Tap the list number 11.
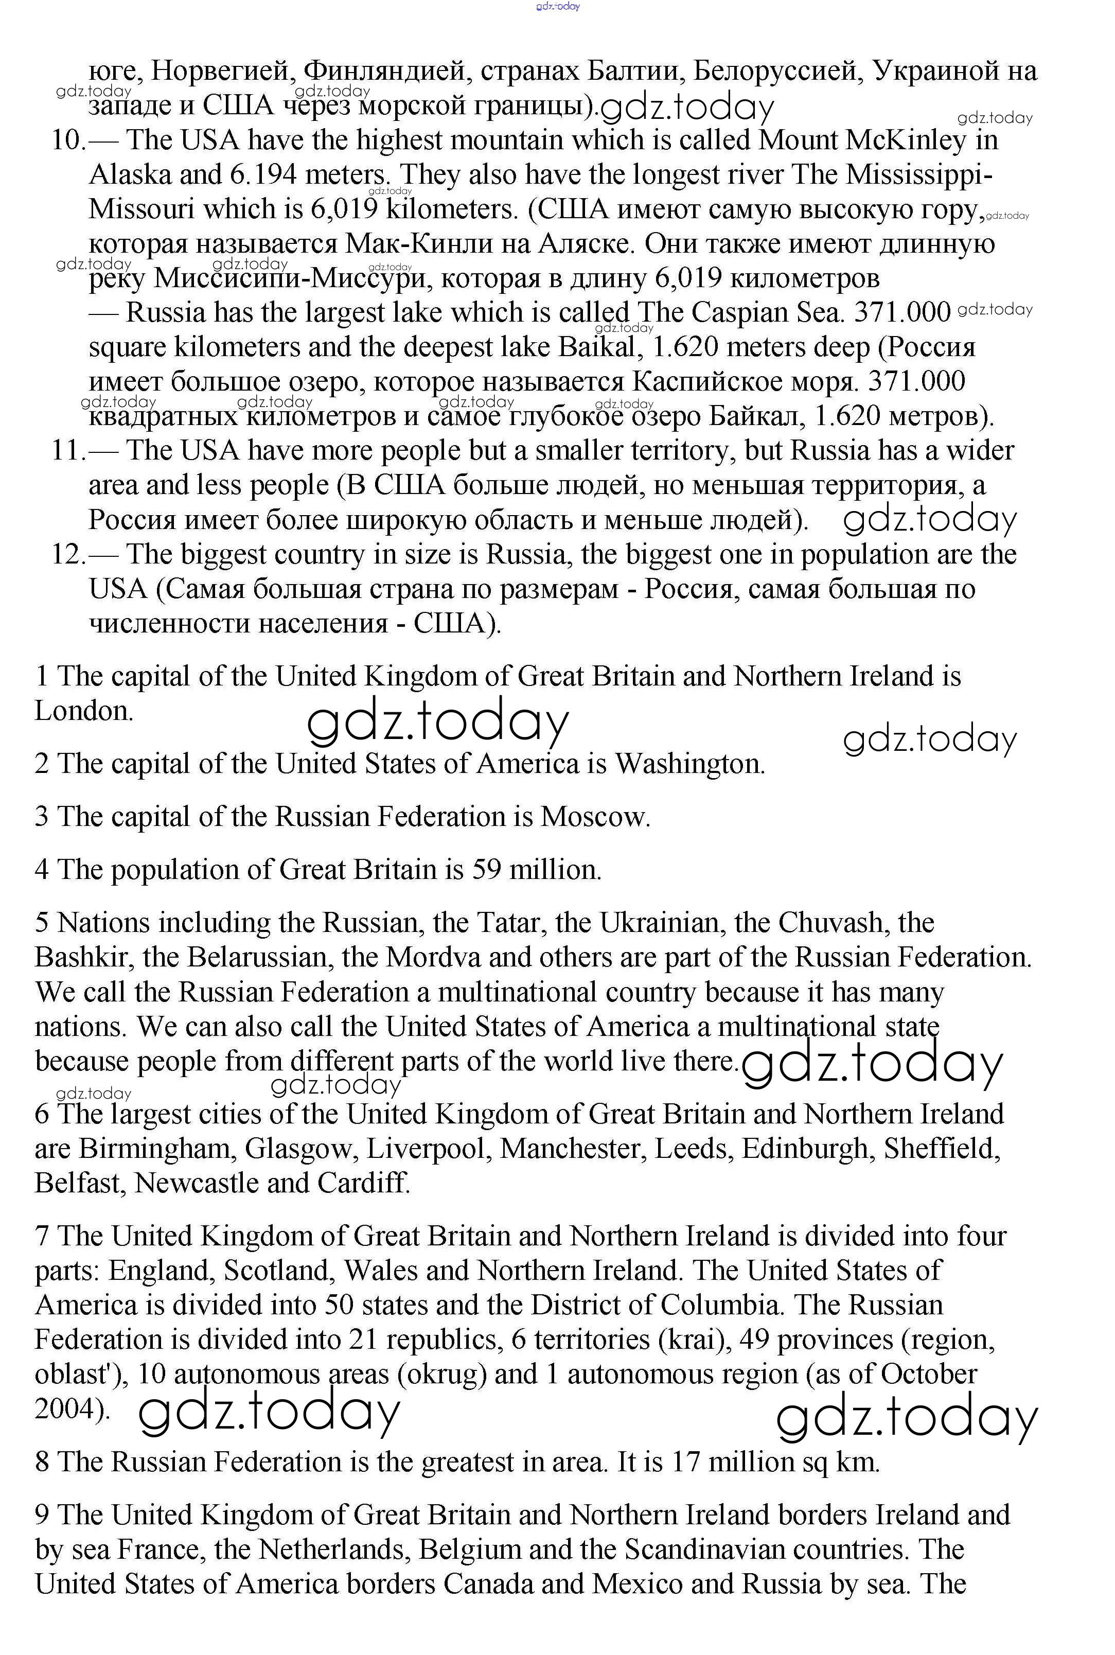pyautogui.click(x=68, y=451)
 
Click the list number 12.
pyautogui.click(x=68, y=555)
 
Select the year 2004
pyautogui.click(x=69, y=1409)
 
